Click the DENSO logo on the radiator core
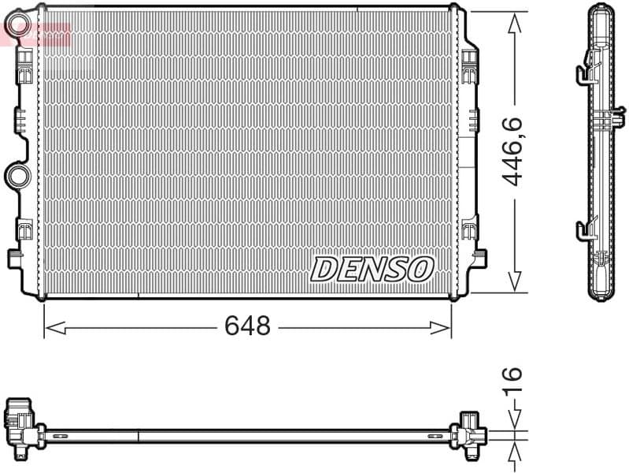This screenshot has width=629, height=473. coord(372,269)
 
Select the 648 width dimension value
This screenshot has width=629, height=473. coord(247,326)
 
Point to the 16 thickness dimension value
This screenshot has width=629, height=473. coord(513,381)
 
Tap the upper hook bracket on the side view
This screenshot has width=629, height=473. coord(583,72)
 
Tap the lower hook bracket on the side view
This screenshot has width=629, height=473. coord(583,230)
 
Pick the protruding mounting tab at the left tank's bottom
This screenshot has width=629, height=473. coord(15,259)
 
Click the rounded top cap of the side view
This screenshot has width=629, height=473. coord(601,9)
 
